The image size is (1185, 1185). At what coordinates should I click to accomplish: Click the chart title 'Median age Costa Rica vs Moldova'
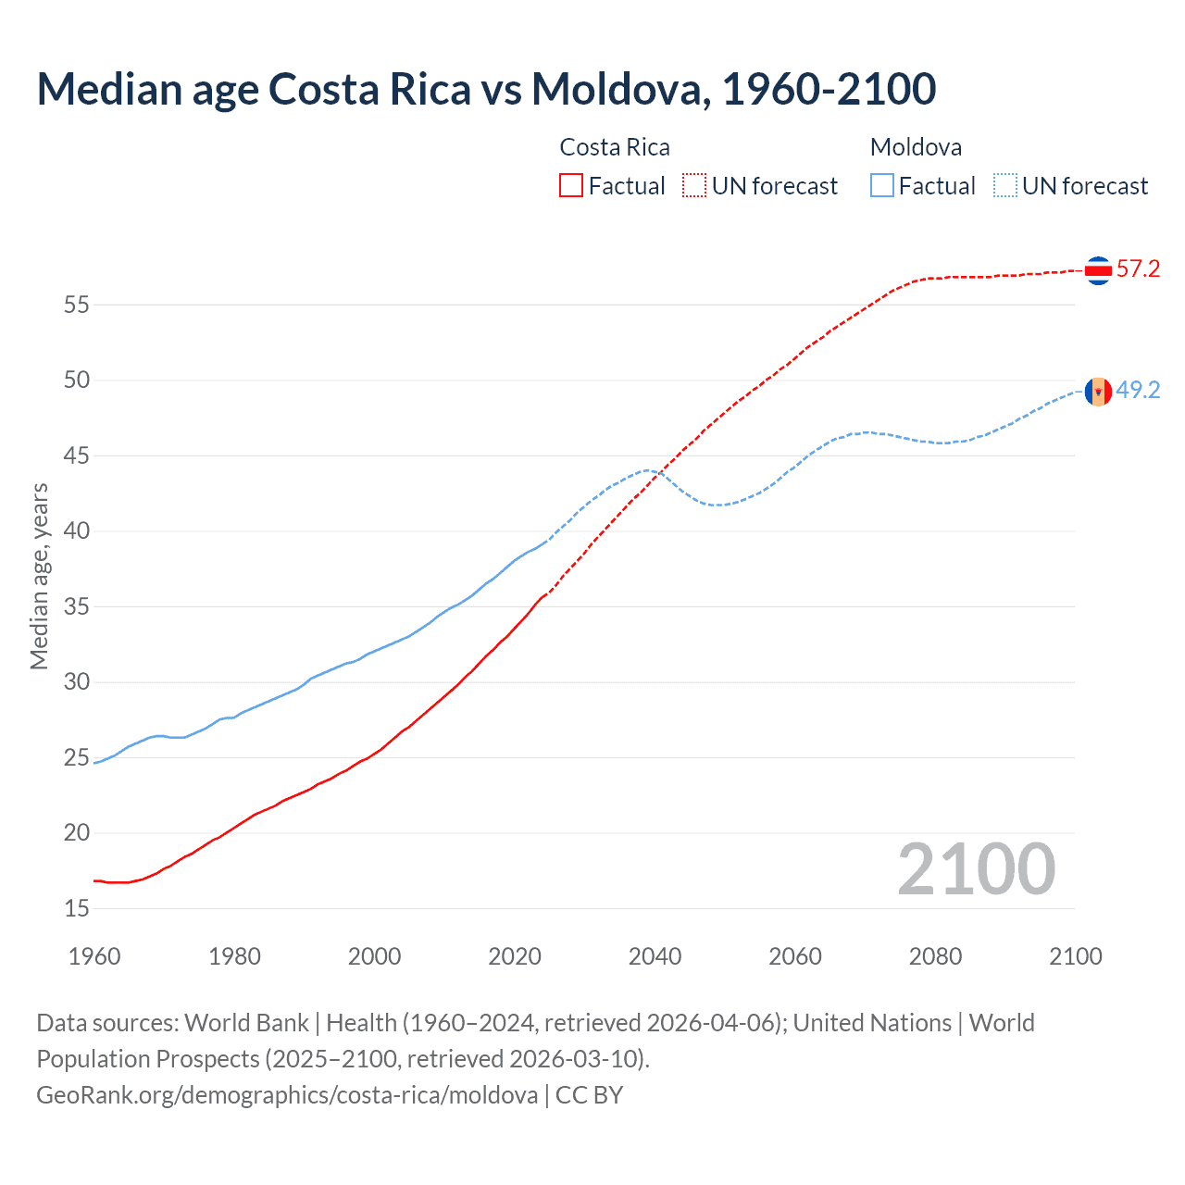click(x=486, y=89)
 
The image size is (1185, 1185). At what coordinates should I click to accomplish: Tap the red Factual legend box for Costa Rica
click(x=571, y=186)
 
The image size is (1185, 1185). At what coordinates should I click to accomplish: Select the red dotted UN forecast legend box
click(x=694, y=186)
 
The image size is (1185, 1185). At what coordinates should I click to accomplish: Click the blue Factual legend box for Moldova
click(x=882, y=186)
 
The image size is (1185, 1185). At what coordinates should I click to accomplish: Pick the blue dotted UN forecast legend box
click(x=1004, y=186)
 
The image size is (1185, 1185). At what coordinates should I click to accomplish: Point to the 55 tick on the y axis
click(x=77, y=305)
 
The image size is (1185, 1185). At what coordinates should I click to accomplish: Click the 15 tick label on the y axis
click(x=77, y=909)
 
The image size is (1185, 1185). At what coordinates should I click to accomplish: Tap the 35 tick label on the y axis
click(x=77, y=607)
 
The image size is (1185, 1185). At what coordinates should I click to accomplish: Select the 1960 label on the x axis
click(x=94, y=956)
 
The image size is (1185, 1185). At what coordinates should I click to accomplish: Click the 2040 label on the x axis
click(x=655, y=956)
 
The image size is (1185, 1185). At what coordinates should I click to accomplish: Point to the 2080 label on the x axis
click(x=935, y=956)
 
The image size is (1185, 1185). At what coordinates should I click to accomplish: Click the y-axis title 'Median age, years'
click(x=39, y=576)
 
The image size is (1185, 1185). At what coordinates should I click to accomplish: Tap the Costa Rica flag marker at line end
click(x=1098, y=270)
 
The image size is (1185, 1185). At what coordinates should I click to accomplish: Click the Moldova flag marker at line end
click(x=1098, y=392)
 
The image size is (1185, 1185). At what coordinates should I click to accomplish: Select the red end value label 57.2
click(x=1138, y=269)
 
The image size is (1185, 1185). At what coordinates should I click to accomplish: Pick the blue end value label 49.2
click(x=1138, y=391)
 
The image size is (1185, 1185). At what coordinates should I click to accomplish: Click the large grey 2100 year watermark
click(x=976, y=869)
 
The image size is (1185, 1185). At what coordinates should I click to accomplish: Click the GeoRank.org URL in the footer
click(x=287, y=1095)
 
